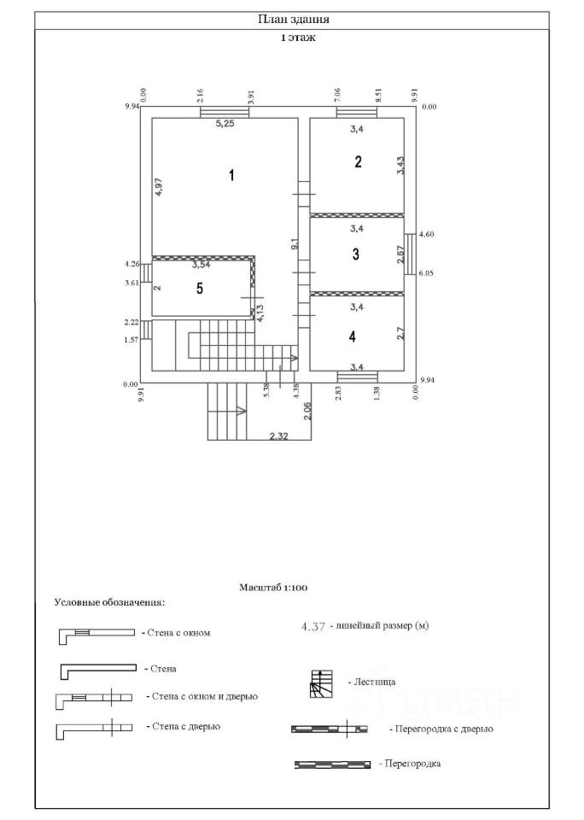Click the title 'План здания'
(x=294, y=20)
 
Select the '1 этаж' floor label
(x=298, y=38)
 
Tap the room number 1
(x=231, y=174)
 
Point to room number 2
(x=358, y=161)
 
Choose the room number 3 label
(x=356, y=255)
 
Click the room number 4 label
(x=353, y=337)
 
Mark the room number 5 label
(x=200, y=288)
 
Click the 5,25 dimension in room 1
(x=225, y=124)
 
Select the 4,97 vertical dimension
(x=160, y=187)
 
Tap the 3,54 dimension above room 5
(x=201, y=265)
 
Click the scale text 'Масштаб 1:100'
(x=273, y=588)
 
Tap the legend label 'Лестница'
(x=375, y=682)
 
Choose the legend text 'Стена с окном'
(x=178, y=633)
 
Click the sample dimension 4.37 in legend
(x=313, y=626)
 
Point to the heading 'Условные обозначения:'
(x=109, y=602)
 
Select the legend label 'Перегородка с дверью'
(x=444, y=729)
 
